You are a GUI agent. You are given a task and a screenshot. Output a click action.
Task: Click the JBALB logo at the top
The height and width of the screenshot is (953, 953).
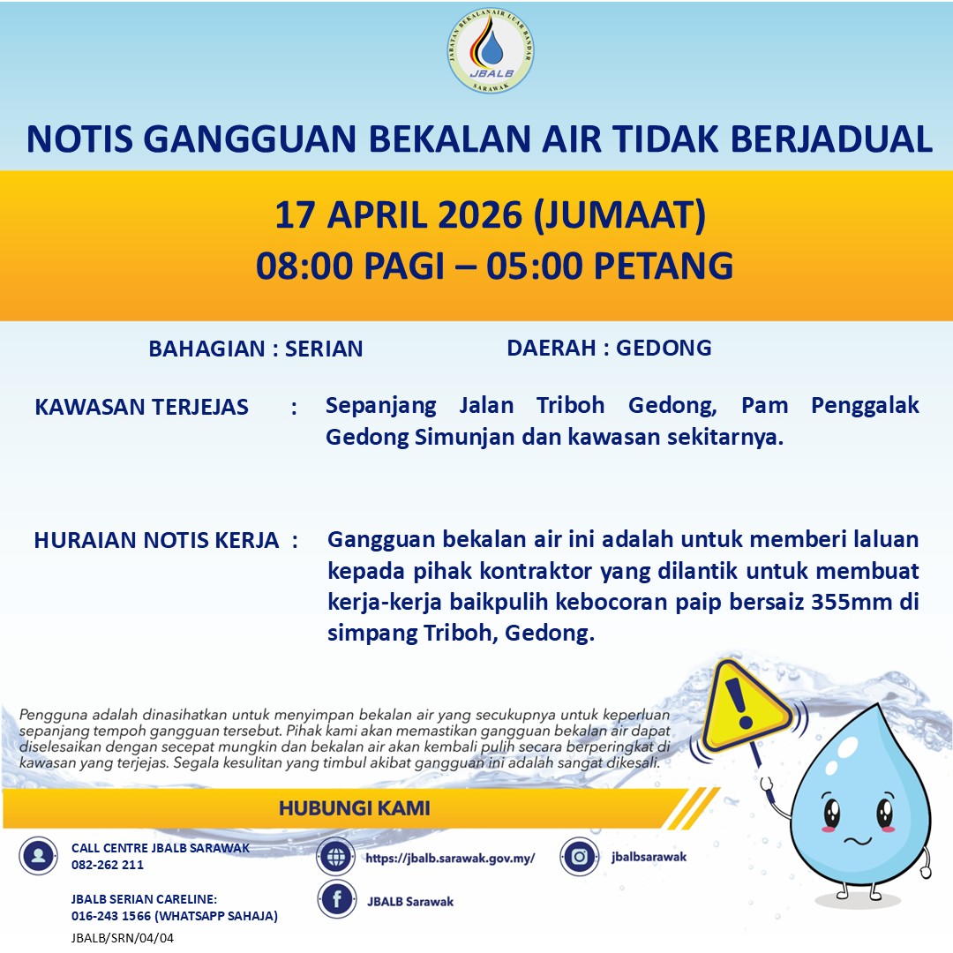point(491,52)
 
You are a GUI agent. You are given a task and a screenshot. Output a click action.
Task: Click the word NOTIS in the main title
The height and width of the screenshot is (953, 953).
point(79,139)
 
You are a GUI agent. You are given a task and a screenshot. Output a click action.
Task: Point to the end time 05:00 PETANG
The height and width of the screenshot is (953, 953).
point(612,266)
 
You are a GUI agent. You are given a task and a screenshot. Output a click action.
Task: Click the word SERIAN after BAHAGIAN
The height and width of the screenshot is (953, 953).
point(324,349)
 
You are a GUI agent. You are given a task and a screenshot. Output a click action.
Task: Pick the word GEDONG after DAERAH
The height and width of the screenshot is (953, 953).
point(664,348)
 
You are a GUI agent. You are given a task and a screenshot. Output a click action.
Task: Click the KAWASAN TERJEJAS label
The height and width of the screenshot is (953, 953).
point(141,407)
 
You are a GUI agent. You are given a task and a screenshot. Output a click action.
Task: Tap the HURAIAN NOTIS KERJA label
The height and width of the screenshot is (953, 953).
point(156,541)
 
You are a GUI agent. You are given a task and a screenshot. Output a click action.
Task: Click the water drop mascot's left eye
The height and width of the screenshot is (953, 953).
point(830,812)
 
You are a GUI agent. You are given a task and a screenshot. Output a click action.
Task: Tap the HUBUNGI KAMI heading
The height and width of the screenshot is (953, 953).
point(355,808)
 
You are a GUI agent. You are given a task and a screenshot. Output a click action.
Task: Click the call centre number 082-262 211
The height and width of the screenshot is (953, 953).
point(108,865)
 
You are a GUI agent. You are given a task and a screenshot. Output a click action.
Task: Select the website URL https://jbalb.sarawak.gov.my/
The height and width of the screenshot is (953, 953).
point(450,857)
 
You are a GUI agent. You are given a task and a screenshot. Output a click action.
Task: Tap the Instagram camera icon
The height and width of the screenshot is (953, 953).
point(580,856)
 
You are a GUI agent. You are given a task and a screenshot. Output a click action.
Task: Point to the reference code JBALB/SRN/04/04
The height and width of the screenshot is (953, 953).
point(123,938)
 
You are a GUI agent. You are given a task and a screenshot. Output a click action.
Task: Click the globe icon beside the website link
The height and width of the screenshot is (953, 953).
point(336,856)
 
